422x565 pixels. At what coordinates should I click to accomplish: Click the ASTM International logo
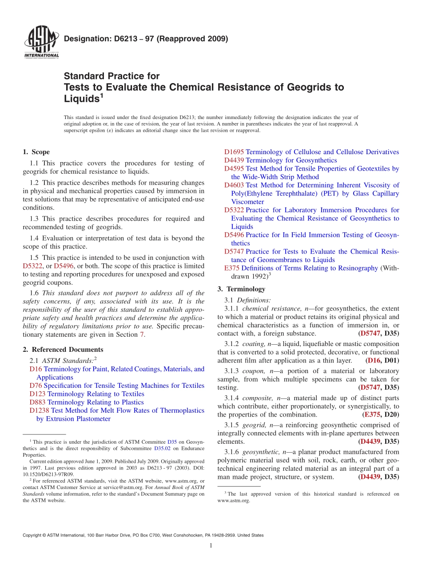pyautogui.click(x=41, y=42)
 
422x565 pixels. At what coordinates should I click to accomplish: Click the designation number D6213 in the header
pyautogui.click(x=126, y=39)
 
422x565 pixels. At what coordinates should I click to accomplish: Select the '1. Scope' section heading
pyautogui.click(x=36, y=152)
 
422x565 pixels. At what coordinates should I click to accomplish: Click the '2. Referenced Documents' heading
pyautogui.click(x=63, y=350)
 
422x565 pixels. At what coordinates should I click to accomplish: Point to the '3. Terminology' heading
pyautogui.click(x=241, y=289)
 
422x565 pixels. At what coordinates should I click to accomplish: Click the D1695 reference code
pyautogui.click(x=234, y=152)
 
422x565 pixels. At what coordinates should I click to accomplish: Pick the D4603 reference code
pyautogui.click(x=234, y=185)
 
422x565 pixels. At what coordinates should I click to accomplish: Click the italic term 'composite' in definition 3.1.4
pyautogui.click(x=257, y=398)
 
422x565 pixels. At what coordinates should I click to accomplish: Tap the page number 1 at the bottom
pyautogui.click(x=211, y=546)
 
